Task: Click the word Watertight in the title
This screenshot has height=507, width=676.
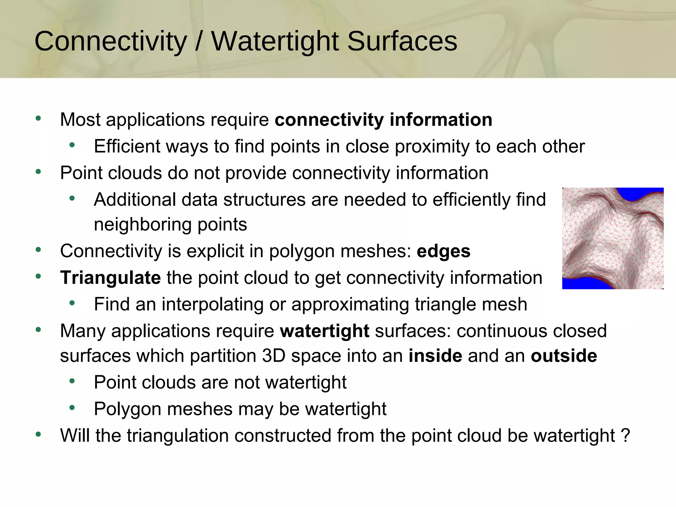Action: (275, 41)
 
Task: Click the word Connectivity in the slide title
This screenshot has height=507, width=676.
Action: (111, 41)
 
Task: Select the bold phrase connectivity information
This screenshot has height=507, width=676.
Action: (383, 119)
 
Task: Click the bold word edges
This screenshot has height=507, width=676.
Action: (443, 251)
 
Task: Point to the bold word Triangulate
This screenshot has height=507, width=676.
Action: (110, 278)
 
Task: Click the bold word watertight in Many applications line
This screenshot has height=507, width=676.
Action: (324, 331)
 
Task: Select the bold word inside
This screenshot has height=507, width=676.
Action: (435, 356)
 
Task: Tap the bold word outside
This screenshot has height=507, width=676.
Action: (564, 356)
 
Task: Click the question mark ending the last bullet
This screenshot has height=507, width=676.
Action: (625, 435)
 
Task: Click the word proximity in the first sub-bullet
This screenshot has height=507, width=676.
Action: (432, 147)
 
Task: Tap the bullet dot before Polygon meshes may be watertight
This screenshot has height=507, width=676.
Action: (72, 408)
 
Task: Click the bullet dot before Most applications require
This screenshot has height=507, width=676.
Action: (38, 118)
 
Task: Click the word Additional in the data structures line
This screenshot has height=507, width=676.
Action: (135, 200)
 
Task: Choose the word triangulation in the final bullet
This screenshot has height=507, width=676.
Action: (178, 435)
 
